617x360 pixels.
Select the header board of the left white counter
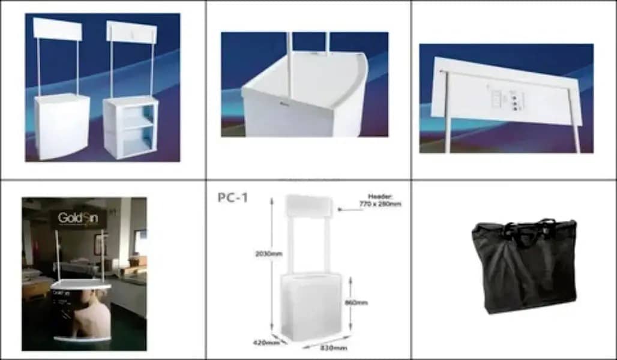58,28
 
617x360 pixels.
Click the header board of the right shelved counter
131,32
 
